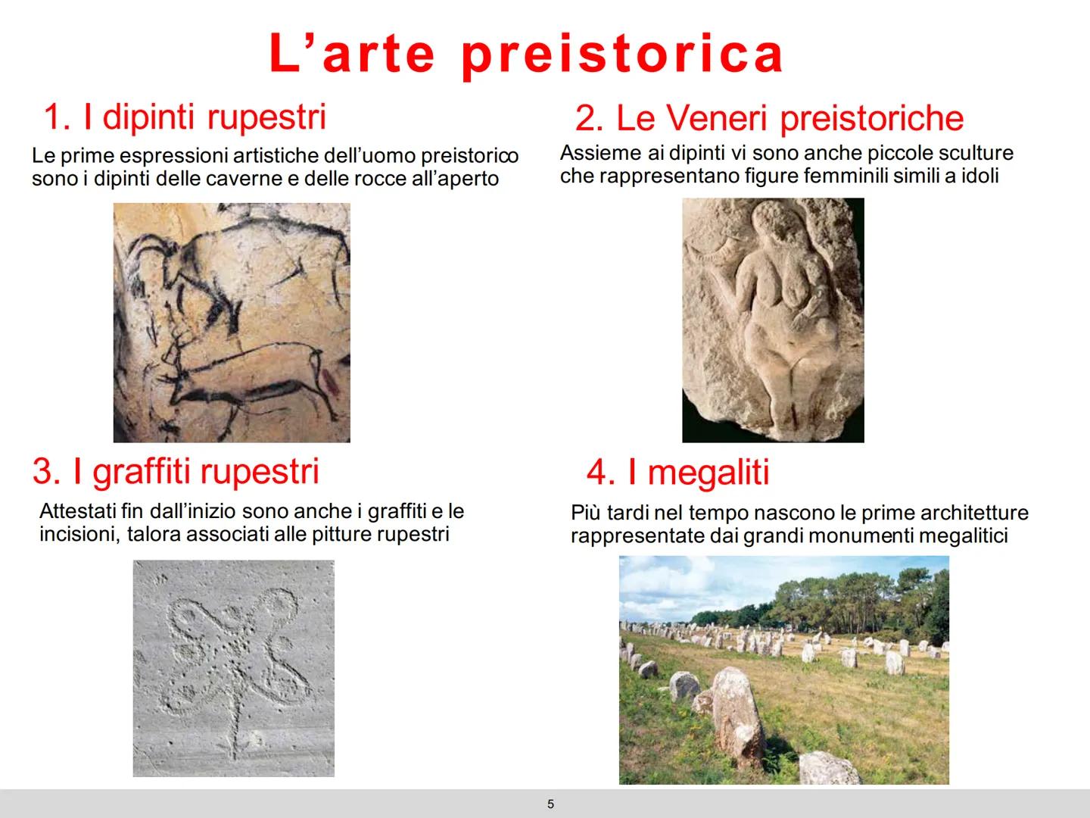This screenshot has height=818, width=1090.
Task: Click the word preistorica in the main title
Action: coord(622,55)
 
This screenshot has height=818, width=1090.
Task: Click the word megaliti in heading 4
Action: coord(708,473)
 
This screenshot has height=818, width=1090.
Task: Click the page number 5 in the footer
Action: coord(550,804)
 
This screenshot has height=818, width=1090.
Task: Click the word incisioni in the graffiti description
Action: coord(79,535)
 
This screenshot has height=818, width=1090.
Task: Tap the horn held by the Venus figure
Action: coord(711,249)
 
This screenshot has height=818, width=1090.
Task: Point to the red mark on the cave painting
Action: coord(329,383)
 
